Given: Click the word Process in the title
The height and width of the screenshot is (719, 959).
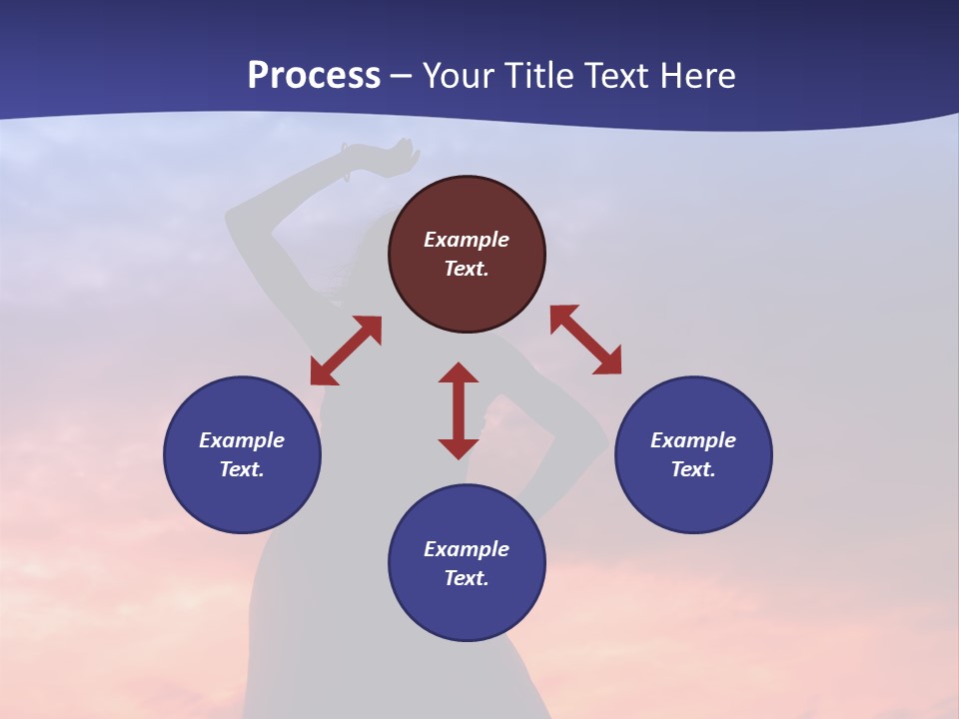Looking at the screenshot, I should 314,75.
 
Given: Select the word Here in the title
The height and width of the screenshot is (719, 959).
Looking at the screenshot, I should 698,75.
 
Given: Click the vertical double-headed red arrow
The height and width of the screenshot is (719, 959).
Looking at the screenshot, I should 459,410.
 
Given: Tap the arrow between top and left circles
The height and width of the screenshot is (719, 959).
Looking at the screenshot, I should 346,351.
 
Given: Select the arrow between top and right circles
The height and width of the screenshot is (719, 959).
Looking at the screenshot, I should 585,340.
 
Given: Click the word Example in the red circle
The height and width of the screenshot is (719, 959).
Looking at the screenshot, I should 467,240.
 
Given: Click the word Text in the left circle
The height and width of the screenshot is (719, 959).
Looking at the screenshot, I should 242,469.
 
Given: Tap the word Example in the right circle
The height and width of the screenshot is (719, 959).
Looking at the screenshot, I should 693,440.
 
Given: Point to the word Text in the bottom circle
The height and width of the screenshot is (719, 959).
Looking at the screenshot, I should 467,578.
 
